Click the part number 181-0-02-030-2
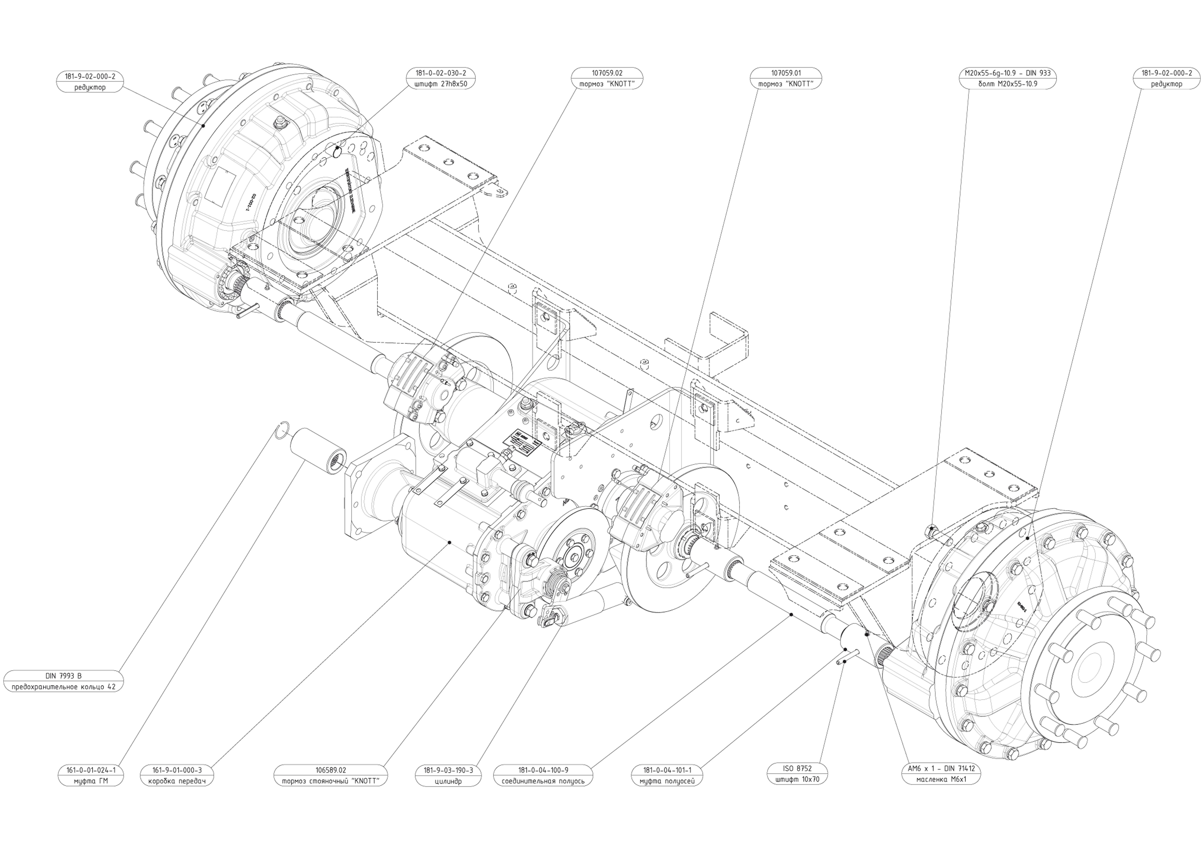click(440, 73)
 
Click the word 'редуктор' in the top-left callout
click(90, 87)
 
